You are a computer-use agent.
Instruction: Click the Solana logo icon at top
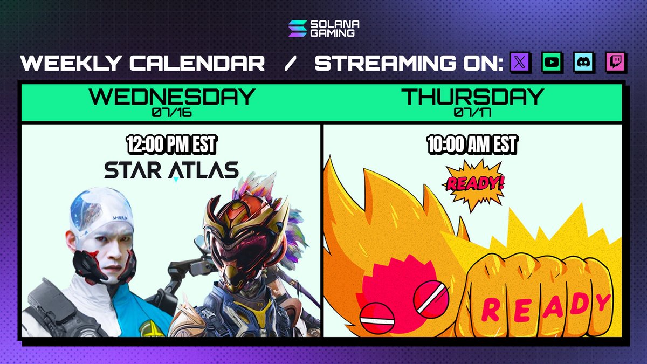pos(297,29)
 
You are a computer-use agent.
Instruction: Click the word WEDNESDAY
pos(171,97)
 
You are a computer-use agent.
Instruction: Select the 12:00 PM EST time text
pos(171,145)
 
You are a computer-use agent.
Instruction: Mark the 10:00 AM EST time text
pos(472,145)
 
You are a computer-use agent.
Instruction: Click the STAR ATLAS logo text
pos(171,170)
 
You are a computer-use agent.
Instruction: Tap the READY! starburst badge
pos(474,183)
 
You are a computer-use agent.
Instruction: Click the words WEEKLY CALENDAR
pos(143,64)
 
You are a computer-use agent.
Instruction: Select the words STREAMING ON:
pos(408,64)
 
